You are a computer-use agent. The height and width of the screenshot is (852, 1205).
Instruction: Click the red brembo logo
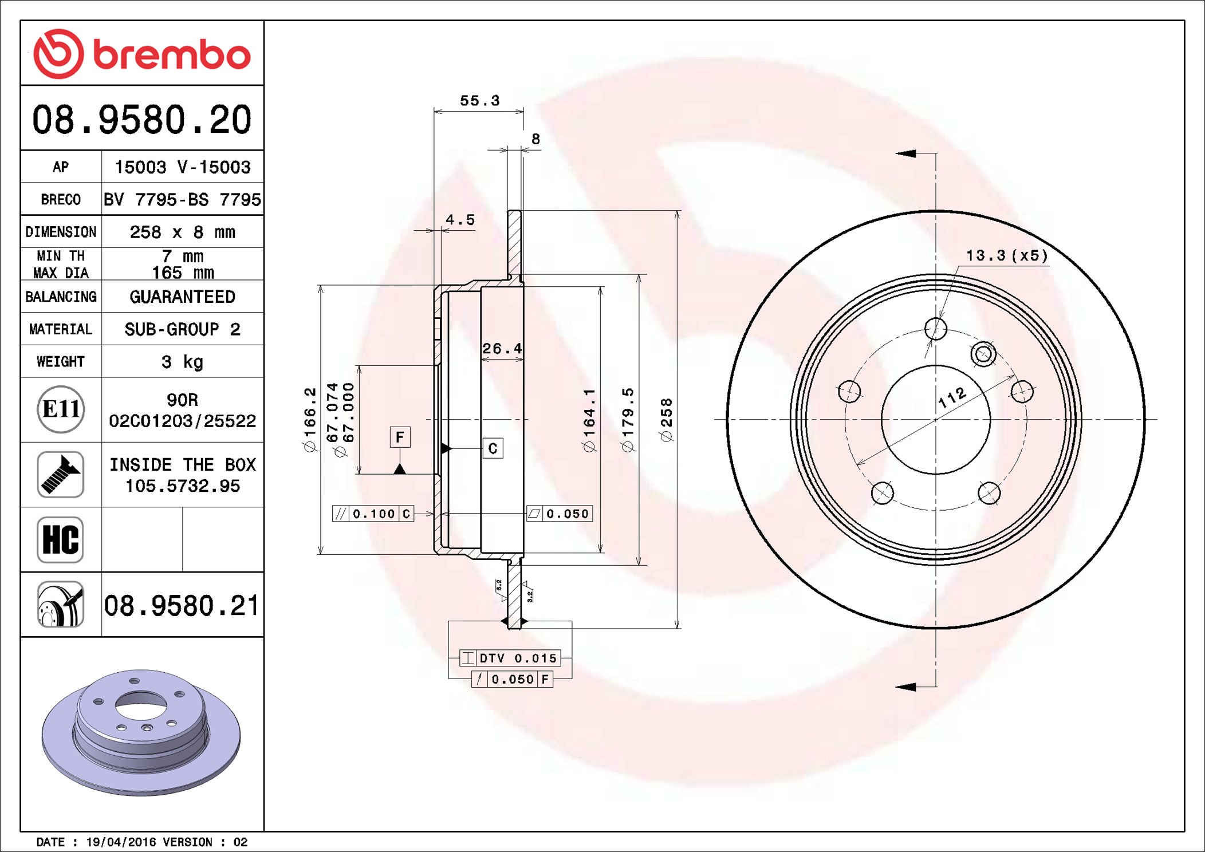[x=141, y=54]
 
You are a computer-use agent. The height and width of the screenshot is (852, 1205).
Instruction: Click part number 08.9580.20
[x=141, y=120]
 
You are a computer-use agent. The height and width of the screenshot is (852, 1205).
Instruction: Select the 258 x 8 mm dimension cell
[x=182, y=232]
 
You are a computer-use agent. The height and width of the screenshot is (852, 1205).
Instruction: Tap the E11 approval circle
[x=61, y=409]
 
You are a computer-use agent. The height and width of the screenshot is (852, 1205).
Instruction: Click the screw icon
[x=61, y=474]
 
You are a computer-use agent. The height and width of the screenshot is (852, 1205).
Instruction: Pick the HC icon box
[x=61, y=539]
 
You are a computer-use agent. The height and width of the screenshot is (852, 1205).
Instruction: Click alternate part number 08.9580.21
[x=182, y=605]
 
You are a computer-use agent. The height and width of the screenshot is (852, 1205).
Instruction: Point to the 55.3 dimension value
[x=479, y=101]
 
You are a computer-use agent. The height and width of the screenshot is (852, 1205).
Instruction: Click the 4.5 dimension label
[x=460, y=220]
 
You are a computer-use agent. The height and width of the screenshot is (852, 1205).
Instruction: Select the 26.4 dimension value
[x=502, y=348]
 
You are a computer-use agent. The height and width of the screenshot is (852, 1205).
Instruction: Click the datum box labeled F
[x=400, y=437]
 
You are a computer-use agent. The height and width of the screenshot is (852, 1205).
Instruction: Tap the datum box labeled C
[x=493, y=448]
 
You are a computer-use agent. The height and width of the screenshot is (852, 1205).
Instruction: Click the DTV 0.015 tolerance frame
[x=510, y=658]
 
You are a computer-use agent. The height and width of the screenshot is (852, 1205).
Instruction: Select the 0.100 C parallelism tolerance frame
[x=373, y=514]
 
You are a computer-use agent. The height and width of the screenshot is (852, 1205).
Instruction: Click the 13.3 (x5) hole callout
[x=1006, y=255]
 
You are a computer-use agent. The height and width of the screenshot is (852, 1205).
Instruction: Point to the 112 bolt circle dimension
[x=952, y=397]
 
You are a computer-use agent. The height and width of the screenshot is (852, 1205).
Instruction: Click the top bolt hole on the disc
[x=936, y=329]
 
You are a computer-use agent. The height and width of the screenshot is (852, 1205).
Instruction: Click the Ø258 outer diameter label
[x=666, y=420]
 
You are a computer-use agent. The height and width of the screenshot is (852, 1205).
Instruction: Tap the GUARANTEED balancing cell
[x=182, y=297]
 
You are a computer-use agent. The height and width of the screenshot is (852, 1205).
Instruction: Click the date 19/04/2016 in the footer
[x=120, y=842]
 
